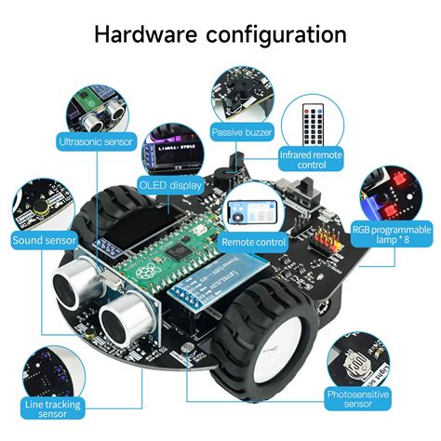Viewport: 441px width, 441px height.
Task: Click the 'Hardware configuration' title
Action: [x=220, y=34]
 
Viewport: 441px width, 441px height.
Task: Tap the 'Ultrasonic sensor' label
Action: [x=97, y=142]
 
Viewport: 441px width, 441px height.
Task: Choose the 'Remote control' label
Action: [x=253, y=241]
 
